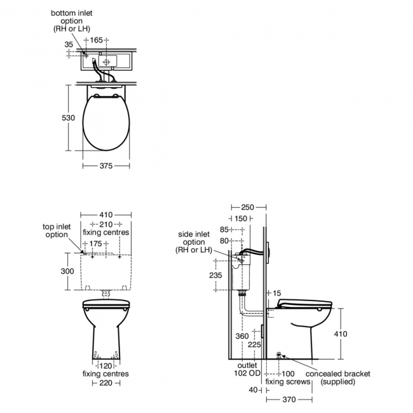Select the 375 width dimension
[106, 166]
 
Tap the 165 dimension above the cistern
[96, 40]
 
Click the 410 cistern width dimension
[105, 215]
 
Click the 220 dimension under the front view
[105, 383]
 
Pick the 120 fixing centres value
[105, 366]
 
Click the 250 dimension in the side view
[248, 208]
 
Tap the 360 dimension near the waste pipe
[241, 335]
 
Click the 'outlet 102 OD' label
[247, 370]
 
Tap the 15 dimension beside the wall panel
[276, 292]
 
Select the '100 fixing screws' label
[288, 377]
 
